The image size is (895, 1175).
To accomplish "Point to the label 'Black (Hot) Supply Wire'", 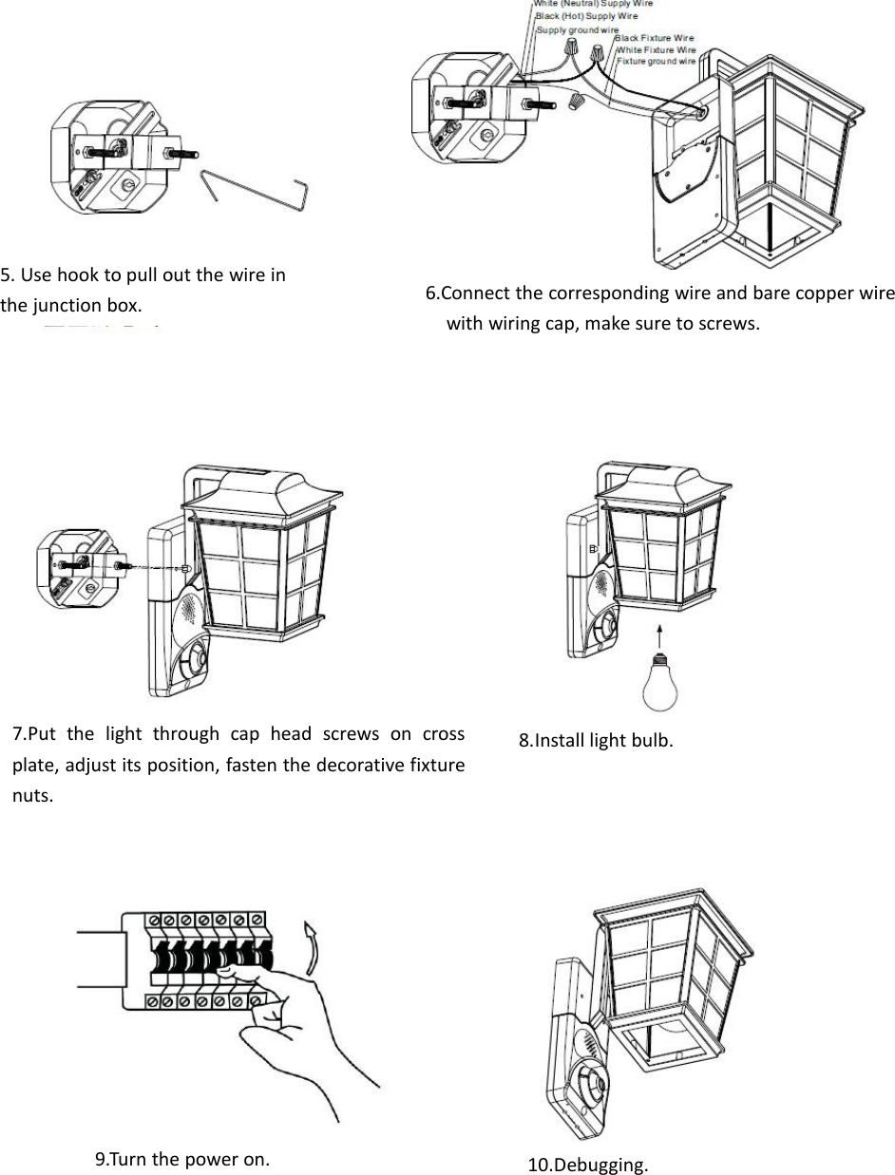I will click(586, 16).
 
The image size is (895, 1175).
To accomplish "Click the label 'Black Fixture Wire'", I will click(655, 38).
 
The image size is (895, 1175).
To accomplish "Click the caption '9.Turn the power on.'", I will click(182, 1158).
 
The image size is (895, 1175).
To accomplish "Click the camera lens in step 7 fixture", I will click(195, 658).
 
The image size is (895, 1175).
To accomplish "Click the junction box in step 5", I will click(105, 157).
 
